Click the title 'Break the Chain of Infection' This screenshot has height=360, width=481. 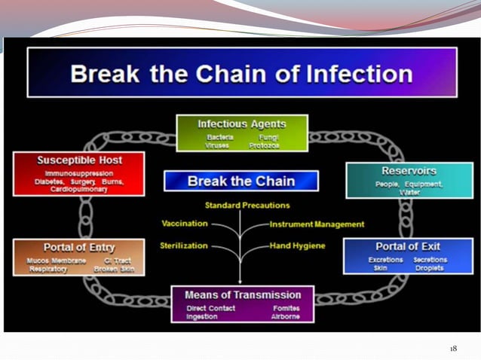click(x=241, y=75)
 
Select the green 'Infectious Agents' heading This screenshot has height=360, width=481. click(x=241, y=123)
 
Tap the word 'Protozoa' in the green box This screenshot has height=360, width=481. click(x=264, y=145)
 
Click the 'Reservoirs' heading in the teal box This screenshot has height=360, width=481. click(x=409, y=171)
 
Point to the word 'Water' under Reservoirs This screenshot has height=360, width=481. click(x=409, y=193)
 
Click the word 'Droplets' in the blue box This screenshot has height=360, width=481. click(x=429, y=268)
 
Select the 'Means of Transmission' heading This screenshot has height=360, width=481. click(x=242, y=294)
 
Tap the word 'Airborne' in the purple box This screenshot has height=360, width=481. click(x=286, y=316)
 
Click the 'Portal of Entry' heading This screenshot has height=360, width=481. click(x=78, y=246)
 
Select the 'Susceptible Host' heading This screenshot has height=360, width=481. click(x=79, y=160)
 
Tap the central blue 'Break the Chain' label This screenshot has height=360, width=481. click(x=241, y=181)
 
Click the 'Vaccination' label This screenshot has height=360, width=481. click(x=185, y=224)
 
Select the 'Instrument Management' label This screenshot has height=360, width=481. click(x=317, y=224)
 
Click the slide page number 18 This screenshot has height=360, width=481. click(x=453, y=348)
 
